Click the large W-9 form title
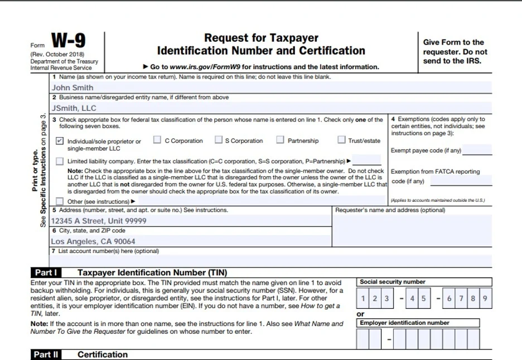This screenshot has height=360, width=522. click(x=69, y=41)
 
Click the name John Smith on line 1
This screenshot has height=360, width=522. click(x=72, y=87)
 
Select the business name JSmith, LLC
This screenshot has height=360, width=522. click(x=74, y=108)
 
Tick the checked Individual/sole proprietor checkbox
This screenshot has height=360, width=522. click(x=60, y=141)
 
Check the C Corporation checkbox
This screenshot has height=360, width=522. click(x=157, y=140)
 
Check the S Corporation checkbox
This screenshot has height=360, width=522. click(x=218, y=140)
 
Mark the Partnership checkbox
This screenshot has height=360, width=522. click(x=280, y=140)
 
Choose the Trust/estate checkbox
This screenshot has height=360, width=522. click(x=341, y=140)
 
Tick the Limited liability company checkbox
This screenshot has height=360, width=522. click(x=60, y=162)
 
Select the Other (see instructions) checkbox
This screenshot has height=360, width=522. click(x=60, y=202)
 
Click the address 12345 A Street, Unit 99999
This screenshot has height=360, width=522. click(x=99, y=221)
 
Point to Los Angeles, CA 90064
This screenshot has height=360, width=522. click(x=93, y=241)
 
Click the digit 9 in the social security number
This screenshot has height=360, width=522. click(x=485, y=299)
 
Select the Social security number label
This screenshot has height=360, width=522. click(x=393, y=282)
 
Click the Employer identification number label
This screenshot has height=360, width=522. click(x=404, y=323)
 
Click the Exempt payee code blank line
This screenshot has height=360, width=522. click(x=477, y=151)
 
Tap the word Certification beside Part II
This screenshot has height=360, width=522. click(x=103, y=354)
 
